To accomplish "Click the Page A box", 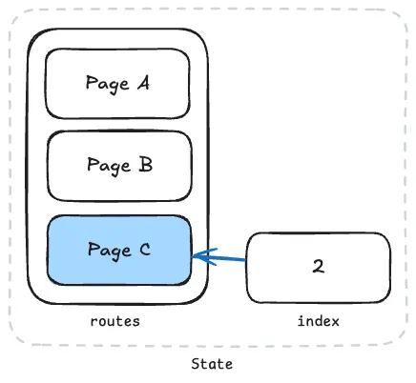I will coord(118,84).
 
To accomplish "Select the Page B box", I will coord(118,166).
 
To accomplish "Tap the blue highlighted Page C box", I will coord(118,250).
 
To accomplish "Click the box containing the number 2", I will coord(318,267).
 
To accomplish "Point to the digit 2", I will coord(318,267).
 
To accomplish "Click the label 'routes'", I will coord(114,321).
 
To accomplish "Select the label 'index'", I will coord(318,321).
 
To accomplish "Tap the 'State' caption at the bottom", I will coord(211,364).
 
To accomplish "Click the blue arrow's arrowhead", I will coord(198,255).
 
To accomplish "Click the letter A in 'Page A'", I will coord(143,83).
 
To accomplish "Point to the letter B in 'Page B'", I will coord(145,165).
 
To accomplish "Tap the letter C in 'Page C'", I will coord(144,250).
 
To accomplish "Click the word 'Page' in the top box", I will coord(106,84).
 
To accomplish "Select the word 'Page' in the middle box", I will coord(107,166).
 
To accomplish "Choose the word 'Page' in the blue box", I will coord(107,251).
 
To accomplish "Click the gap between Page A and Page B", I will coord(118,125).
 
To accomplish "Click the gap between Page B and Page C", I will coord(118,208).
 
